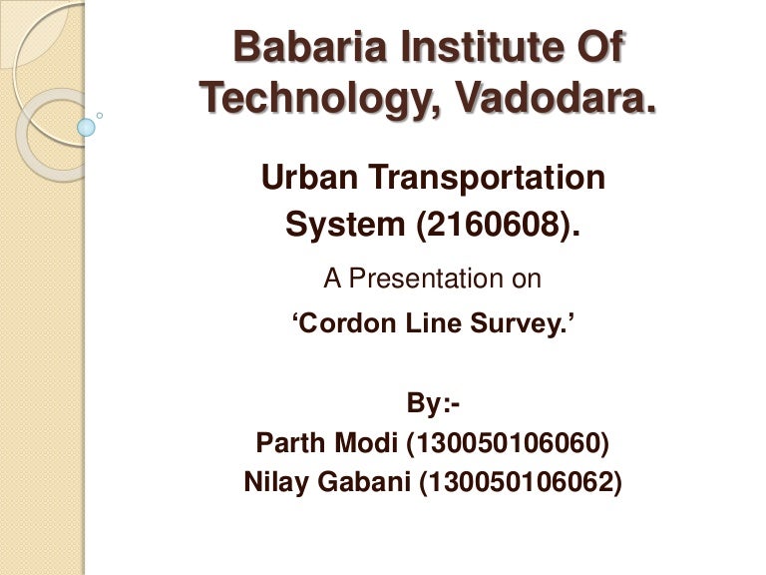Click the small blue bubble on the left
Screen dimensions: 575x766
point(86,127)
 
